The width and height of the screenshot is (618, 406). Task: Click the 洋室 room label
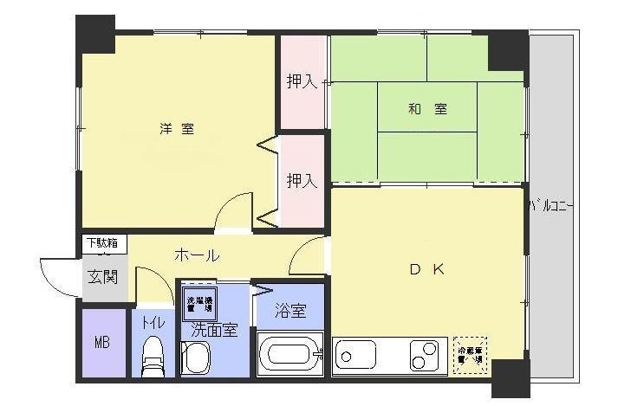coord(176,129)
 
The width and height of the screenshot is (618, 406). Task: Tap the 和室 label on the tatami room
coord(427,109)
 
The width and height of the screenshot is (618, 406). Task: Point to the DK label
coord(427,269)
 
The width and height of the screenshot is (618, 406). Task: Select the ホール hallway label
coord(197,255)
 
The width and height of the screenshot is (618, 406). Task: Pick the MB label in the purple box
coord(101,342)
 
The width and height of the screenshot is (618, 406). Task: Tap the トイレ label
coord(153,323)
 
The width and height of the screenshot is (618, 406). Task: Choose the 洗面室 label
coord(213,329)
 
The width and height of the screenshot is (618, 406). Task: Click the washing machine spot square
coord(200,302)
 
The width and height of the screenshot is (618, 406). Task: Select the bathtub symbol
coord(290,355)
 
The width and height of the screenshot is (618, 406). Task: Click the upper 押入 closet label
coord(302,82)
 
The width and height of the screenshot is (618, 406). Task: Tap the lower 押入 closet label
coord(302,181)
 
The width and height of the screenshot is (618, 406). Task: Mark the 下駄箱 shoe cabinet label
coord(105,243)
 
